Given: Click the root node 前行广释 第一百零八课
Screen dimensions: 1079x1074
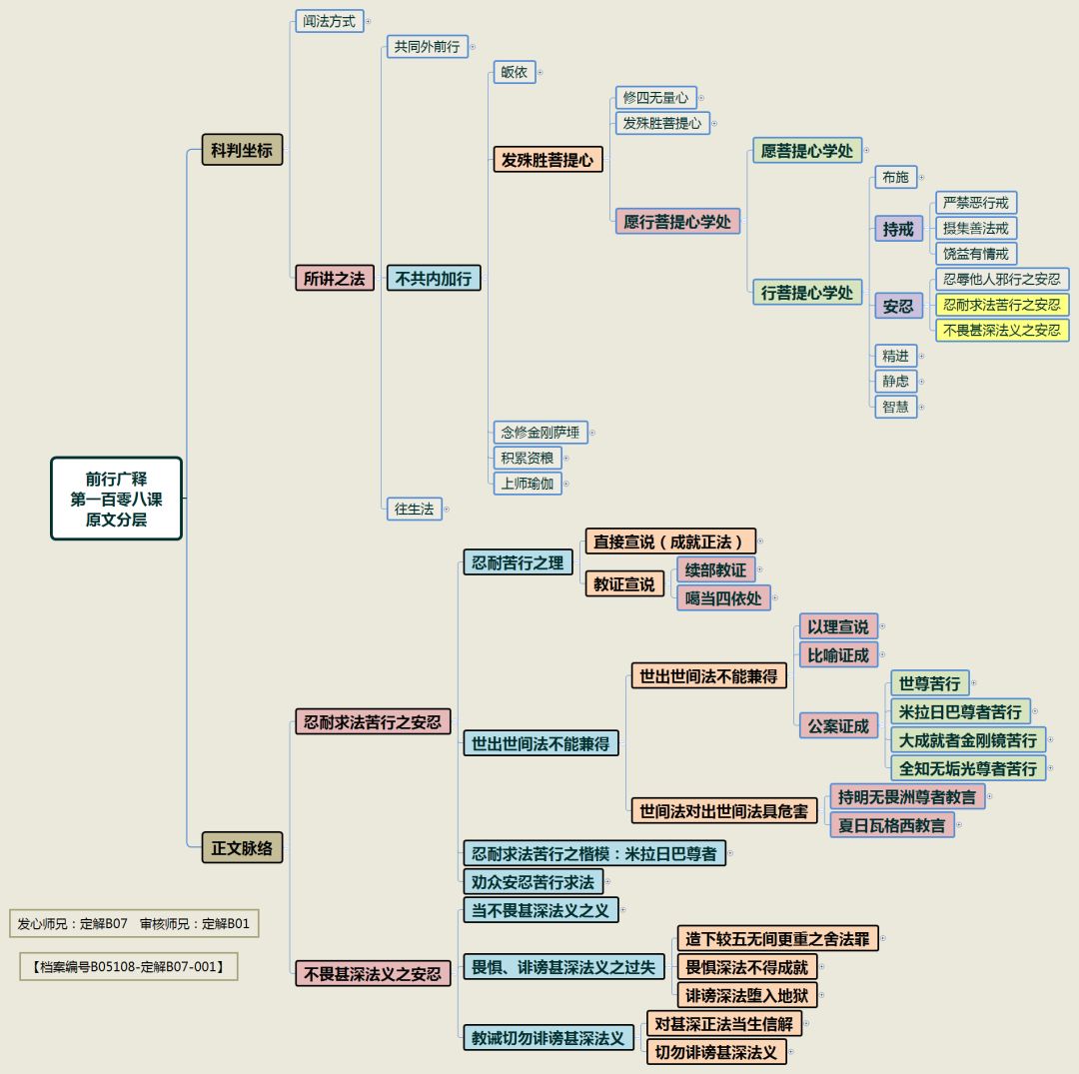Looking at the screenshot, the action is coord(117,498).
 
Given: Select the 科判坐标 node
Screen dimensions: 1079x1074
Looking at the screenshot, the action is coord(242,150).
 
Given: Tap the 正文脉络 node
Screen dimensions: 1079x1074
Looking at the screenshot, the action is coord(242,848).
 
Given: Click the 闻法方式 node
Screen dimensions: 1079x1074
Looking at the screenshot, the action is coord(330,21).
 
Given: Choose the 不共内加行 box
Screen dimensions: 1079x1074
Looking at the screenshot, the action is coord(434,279).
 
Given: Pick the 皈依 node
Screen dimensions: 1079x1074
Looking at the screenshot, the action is coord(515,72).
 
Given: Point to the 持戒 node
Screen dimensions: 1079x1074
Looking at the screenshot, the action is coord(898,229).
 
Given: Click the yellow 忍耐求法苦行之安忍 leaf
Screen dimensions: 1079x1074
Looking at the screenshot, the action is coord(1001,305).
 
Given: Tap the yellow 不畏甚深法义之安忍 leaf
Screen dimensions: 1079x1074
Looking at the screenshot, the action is coord(1001,330).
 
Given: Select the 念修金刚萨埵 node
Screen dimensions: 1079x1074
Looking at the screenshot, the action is coord(540,433).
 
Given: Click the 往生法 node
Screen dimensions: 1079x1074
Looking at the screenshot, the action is coord(415,509).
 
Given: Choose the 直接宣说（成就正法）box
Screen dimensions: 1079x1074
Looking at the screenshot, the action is coord(669,541).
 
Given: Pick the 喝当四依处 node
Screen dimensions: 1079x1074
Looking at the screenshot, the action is coord(723,598).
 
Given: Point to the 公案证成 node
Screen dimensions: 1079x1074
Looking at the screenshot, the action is coord(838,725).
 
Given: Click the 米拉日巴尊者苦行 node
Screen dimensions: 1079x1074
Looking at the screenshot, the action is coord(960,711).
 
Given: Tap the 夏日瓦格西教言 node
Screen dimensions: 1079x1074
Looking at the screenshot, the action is coord(892,825).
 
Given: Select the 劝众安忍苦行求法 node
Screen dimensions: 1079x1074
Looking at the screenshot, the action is coord(533,881).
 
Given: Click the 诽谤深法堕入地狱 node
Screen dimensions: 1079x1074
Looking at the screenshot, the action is coord(749,995).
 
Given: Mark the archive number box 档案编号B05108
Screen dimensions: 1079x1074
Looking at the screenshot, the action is coord(128,966).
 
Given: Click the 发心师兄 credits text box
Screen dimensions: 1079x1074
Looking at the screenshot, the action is coord(133,924).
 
